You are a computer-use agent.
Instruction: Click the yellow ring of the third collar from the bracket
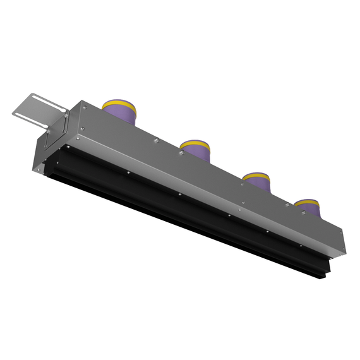point(257,177)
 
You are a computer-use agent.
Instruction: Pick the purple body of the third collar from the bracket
point(258,185)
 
